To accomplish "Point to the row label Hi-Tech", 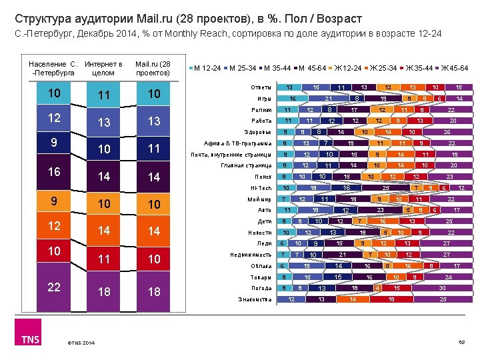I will pyautogui.click(x=263, y=188).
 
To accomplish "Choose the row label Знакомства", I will pyautogui.click(x=255, y=299).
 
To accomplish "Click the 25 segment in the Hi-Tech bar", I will pyautogui.click(x=385, y=188).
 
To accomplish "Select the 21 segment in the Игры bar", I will pyautogui.click(x=328, y=99).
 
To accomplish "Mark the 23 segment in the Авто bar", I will pyautogui.click(x=379, y=210).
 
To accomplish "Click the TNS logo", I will pyautogui.click(x=30, y=339).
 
